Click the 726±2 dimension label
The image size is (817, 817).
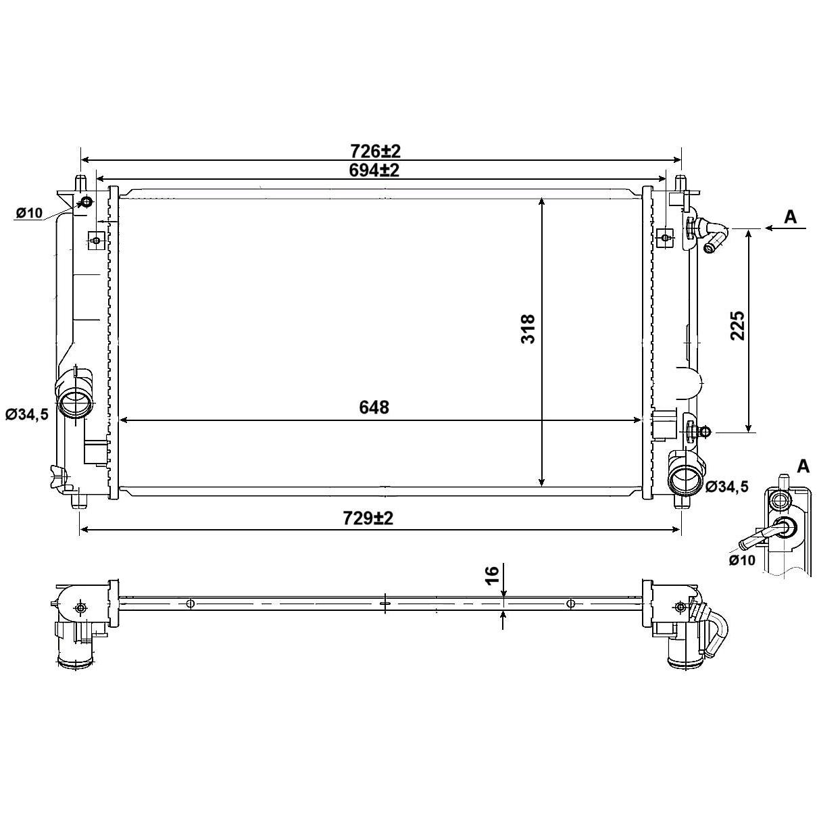tap(375, 151)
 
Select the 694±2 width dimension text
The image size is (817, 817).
tap(374, 170)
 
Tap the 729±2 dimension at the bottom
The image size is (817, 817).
tap(368, 518)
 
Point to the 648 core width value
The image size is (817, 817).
tap(374, 407)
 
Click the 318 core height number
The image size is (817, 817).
tap(528, 328)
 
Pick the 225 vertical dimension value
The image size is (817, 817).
tap(738, 326)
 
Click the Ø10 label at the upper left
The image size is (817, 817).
tap(29, 213)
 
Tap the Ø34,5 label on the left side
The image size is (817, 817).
tap(27, 414)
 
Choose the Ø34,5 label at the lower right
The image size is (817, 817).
tap(726, 487)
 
